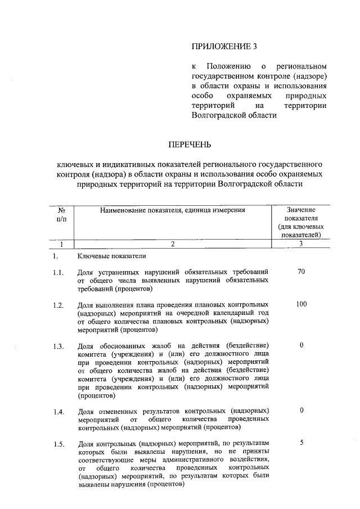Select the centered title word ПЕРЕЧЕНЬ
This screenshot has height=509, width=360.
pyautogui.click(x=190, y=145)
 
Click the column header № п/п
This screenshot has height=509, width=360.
pyautogui.click(x=61, y=214)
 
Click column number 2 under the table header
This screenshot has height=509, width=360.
pyautogui.click(x=173, y=244)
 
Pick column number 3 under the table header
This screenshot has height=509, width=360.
pyautogui.click(x=301, y=244)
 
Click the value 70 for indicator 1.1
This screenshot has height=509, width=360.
pyautogui.click(x=301, y=272)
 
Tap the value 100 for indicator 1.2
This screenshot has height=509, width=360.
pyautogui.click(x=301, y=304)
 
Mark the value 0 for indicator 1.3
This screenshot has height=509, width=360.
pyautogui.click(x=301, y=345)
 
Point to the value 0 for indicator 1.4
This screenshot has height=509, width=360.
pyautogui.click(x=301, y=411)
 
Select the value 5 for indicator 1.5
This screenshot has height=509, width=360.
pyautogui.click(x=301, y=443)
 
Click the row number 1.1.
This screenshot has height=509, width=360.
pyautogui.click(x=57, y=273)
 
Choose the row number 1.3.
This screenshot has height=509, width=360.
pyautogui.click(x=57, y=346)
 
